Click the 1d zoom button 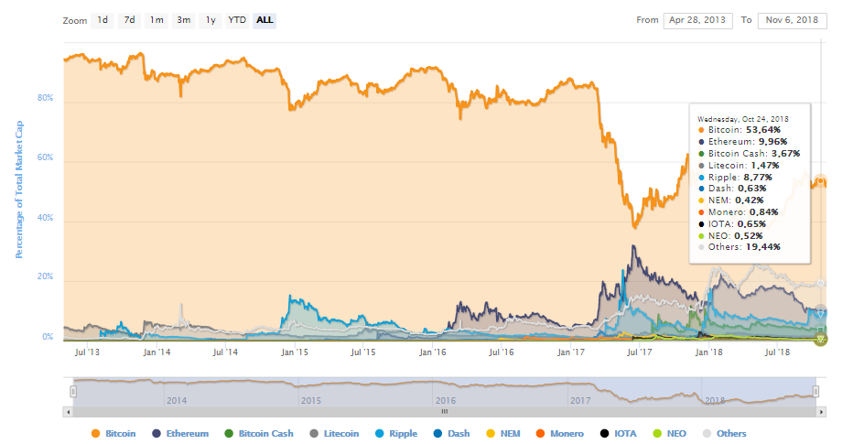(x=103, y=20)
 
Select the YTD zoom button (x=237, y=20)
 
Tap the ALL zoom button (x=265, y=20)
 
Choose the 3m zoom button (x=183, y=20)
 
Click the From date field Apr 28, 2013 (x=697, y=20)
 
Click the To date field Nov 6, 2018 (x=792, y=20)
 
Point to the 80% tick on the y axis (x=45, y=98)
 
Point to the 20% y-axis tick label (x=45, y=276)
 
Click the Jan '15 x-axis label (x=295, y=352)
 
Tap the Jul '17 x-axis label (x=639, y=352)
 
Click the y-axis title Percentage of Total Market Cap (x=19, y=190)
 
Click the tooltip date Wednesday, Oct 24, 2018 (x=742, y=119)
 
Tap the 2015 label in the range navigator (x=310, y=400)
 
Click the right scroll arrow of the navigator (x=822, y=412)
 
